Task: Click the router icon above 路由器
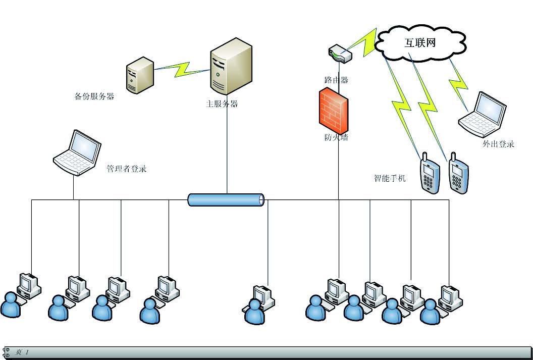tap(339, 53)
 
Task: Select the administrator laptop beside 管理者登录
tap(77, 152)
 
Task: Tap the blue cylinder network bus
tap(226, 200)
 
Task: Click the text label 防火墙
tap(336, 137)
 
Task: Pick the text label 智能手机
tap(390, 178)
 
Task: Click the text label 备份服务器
tap(94, 96)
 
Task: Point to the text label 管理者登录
tap(126, 169)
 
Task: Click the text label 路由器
tap(336, 80)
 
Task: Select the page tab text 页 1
tap(22, 352)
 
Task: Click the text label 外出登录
tap(498, 144)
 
